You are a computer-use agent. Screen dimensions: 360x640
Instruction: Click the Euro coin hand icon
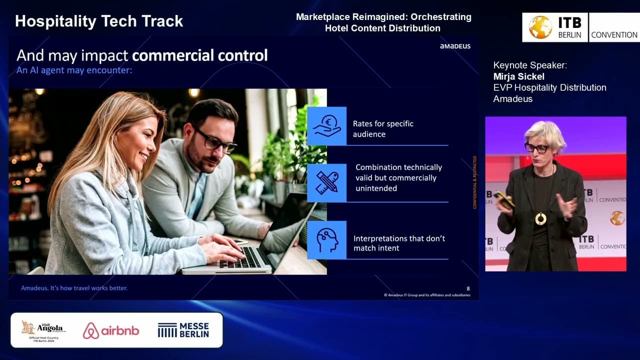click(x=326, y=126)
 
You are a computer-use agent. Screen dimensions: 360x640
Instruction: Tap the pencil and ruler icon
click(x=326, y=183)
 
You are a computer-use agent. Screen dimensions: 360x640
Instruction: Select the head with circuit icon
click(x=326, y=240)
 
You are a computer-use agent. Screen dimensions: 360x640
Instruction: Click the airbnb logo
click(x=111, y=330)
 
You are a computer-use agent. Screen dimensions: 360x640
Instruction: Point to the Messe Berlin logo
click(x=183, y=330)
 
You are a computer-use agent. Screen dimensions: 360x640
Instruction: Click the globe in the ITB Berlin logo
click(x=540, y=27)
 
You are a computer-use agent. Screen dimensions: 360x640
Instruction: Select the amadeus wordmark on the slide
click(x=454, y=46)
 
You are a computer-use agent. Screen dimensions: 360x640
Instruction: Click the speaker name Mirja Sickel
click(x=518, y=76)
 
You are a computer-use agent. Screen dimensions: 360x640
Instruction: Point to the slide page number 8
click(x=468, y=288)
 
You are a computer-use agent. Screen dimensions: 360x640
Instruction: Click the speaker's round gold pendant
click(x=540, y=218)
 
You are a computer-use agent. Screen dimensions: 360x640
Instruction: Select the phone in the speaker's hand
click(x=505, y=199)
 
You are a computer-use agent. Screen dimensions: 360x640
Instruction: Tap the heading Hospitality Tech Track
click(x=99, y=21)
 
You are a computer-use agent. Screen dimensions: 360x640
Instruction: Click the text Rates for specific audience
click(x=383, y=128)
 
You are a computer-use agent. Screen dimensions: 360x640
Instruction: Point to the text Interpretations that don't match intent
click(x=399, y=243)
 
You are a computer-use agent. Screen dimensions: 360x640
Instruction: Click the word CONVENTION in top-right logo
click(x=614, y=35)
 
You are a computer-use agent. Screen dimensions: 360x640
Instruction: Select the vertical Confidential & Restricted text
click(x=475, y=182)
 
